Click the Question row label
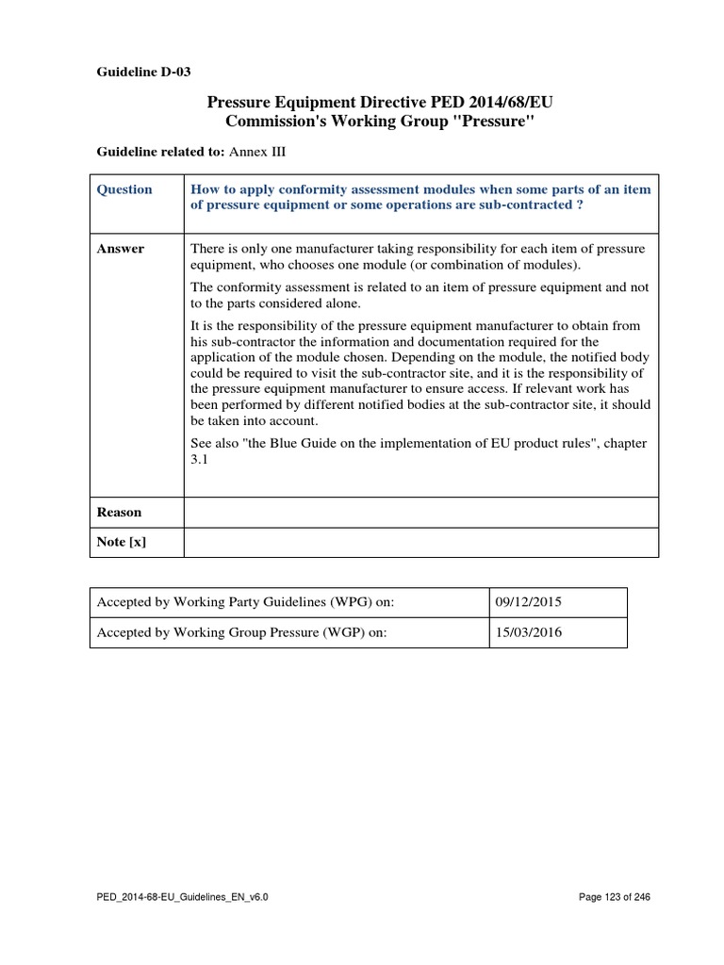click(124, 189)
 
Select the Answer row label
click(121, 249)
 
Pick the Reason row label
click(120, 512)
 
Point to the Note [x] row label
click(123, 542)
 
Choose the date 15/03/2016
click(526, 632)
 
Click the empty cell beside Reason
click(420, 512)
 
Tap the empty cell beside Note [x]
click(420, 542)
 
